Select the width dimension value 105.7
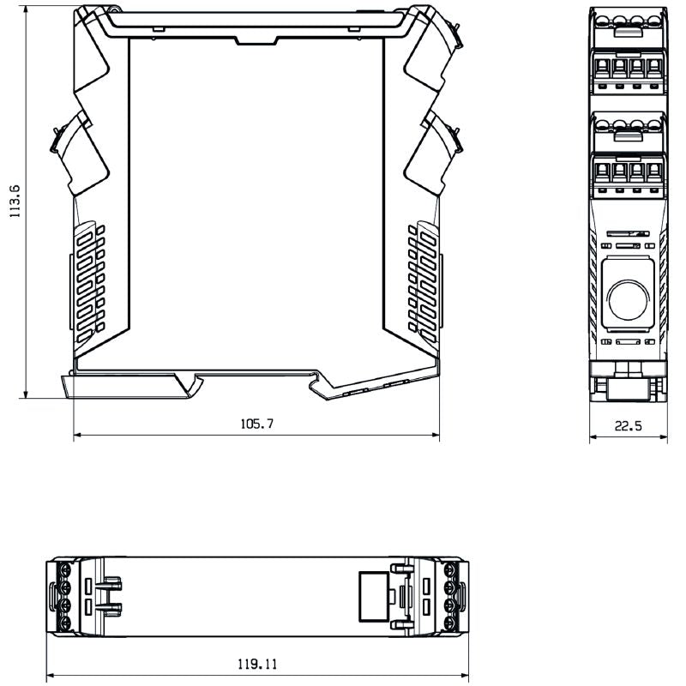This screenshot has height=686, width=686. pos(256,424)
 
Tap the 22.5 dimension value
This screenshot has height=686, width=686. pos(629,425)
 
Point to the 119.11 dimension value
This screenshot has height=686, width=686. pos(256,664)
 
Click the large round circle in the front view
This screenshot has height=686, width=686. pos(629,299)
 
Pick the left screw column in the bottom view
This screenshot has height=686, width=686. pos(63,597)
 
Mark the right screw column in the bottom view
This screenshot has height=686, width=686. pos(451,597)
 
